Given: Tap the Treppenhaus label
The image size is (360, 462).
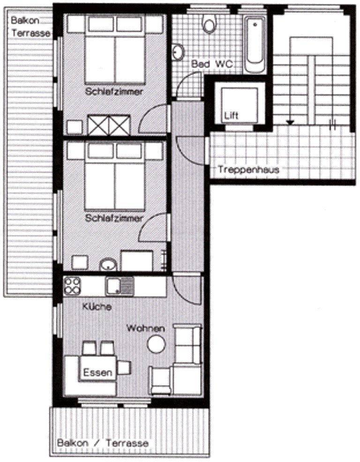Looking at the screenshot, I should [248, 170].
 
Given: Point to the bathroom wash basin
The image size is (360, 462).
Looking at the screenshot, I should [178, 52].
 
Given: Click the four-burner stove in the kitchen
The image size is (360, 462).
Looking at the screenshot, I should [73, 285].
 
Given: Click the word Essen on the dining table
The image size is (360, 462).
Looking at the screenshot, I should [97, 373].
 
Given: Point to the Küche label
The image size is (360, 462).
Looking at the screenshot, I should [97, 308].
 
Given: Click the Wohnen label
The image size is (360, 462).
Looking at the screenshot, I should [145, 329].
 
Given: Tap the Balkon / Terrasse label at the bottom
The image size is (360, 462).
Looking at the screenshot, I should [103, 443].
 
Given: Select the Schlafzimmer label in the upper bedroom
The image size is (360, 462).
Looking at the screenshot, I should [114, 92].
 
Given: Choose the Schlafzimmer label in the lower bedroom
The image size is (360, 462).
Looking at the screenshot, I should [114, 218].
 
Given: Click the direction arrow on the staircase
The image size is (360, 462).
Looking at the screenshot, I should [290, 122].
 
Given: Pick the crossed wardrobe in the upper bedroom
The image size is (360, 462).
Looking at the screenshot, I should [109, 125].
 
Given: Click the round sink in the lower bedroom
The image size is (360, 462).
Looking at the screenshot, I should [109, 265].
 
